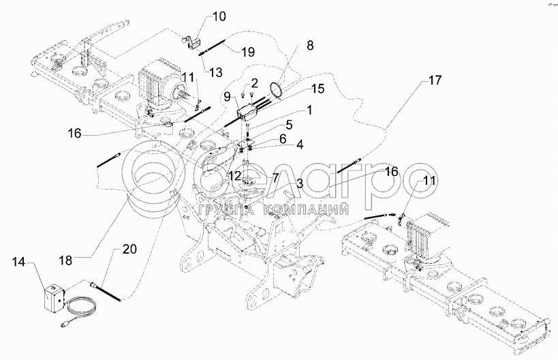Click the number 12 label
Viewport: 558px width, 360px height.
pos(235,175)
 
